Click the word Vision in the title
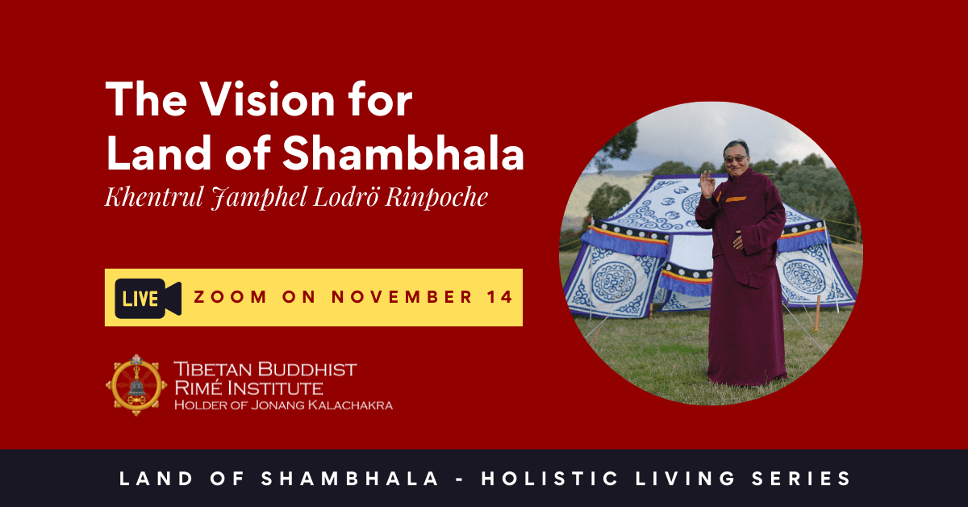(x=269, y=99)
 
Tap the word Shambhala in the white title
(x=403, y=153)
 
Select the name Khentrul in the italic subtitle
(x=154, y=197)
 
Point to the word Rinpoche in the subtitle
(x=436, y=198)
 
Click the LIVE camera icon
(x=148, y=299)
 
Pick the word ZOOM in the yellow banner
(x=231, y=297)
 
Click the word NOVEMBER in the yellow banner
(x=402, y=297)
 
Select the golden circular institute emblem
(x=136, y=385)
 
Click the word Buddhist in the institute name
(x=307, y=370)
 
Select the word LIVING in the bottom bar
(x=686, y=479)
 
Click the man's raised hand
(x=708, y=184)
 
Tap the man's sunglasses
(x=736, y=160)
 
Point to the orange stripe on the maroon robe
(x=736, y=199)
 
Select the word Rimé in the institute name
(x=198, y=388)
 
